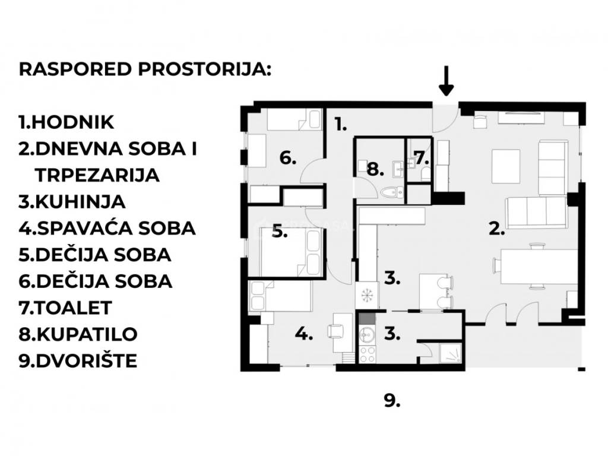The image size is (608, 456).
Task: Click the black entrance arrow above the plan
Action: click(x=446, y=81)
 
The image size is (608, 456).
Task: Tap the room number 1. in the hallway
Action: click(x=340, y=125)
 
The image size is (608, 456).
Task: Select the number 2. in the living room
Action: click(x=497, y=229)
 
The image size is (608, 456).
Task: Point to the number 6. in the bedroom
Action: click(x=288, y=158)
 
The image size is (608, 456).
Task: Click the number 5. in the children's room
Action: click(x=280, y=232)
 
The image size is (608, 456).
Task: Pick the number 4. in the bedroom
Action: click(x=304, y=334)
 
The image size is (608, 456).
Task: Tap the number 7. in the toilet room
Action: click(x=422, y=157)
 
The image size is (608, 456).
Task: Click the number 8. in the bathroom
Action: click(x=375, y=169)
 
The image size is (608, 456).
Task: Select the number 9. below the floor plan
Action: click(x=392, y=401)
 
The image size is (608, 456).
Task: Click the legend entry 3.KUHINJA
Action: click(x=72, y=202)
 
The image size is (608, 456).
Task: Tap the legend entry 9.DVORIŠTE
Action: click(x=78, y=360)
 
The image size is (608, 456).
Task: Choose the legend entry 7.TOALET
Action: click(x=65, y=308)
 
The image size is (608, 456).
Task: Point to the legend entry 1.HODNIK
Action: click(x=66, y=122)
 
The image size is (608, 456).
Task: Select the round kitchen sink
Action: click(x=366, y=334)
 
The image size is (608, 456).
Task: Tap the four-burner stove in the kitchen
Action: click(x=367, y=354)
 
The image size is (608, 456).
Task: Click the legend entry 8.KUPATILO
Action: click(x=78, y=334)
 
